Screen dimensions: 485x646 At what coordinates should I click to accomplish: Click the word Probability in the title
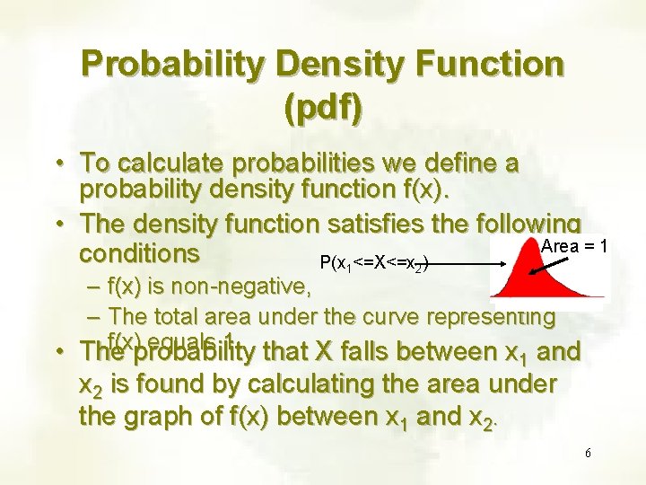[x=170, y=64]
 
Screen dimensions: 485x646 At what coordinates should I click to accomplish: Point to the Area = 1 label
[x=574, y=246]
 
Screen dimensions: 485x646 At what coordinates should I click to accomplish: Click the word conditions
[x=139, y=253]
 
